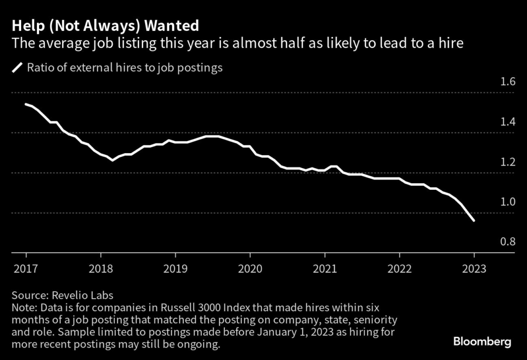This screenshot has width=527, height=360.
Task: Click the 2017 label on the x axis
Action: coord(26,268)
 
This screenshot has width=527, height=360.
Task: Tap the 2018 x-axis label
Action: coord(100,268)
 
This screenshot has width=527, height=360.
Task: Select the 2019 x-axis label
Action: coord(175,268)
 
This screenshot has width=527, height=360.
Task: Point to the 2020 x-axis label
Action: coord(250,268)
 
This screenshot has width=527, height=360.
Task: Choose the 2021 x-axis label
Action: coord(325,268)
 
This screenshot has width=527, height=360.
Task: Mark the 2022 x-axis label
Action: coord(399,268)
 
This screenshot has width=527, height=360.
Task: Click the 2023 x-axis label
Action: coord(474,268)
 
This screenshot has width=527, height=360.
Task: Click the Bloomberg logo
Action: coord(482,341)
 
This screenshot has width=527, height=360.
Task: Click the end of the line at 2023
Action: coord(473,221)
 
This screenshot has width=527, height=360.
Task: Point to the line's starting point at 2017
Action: coord(26,104)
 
